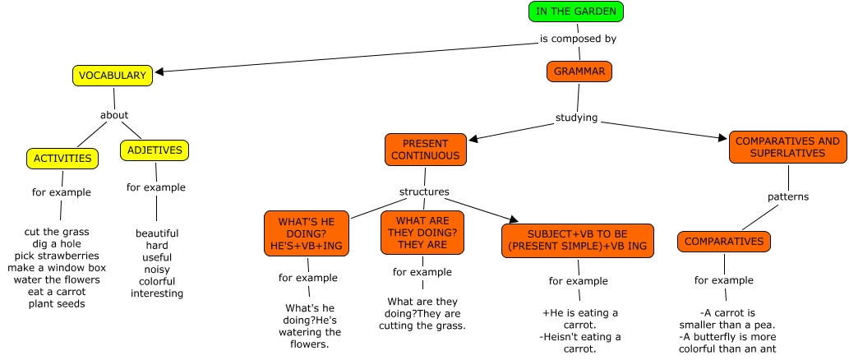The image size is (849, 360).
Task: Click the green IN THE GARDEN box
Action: pos(575,12)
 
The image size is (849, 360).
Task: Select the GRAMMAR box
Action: pos(579,72)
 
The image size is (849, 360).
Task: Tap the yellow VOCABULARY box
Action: pos(113,76)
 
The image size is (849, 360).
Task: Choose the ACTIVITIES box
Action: pos(62,158)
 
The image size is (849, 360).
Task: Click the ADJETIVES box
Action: pos(155,150)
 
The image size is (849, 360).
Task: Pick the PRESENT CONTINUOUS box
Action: pos(425,149)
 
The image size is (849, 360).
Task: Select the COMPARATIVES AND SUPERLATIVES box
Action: pos(787,147)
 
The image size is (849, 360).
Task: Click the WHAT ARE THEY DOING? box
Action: pos(422,233)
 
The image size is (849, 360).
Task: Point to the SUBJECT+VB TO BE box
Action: pos(577,239)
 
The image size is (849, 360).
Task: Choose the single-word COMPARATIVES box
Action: pos(724,242)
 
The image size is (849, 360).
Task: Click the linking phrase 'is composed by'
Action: pos(578,38)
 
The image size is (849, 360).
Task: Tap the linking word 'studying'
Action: pos(575,117)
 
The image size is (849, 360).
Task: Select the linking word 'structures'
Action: pos(424,192)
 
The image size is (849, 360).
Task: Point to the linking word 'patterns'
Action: pos(788,197)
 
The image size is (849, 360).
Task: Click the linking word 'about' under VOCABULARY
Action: pos(114,115)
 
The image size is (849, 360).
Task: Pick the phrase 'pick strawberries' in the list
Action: pos(57,256)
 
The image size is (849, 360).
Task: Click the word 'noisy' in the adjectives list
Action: pos(156,270)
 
